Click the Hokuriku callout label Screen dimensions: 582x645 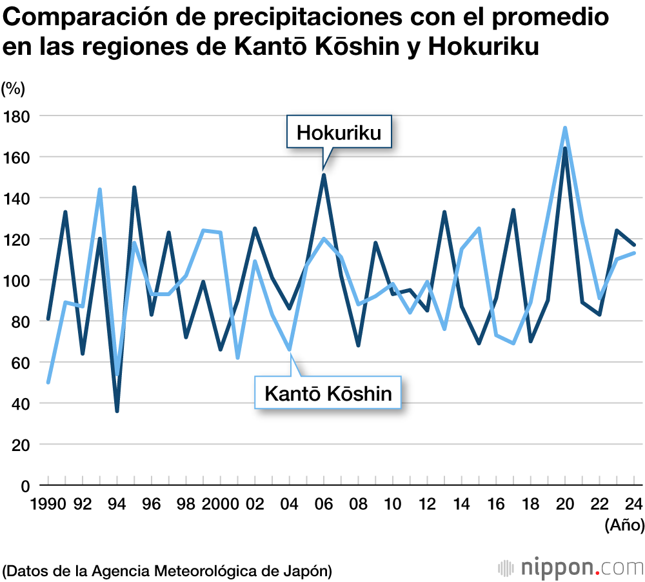coord(339,132)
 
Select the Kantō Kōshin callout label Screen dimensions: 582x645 coord(328,392)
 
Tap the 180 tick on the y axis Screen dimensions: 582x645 coord(19,115)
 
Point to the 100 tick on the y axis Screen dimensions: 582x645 coord(19,280)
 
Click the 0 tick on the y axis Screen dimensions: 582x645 coord(26,486)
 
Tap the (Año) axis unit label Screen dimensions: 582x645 coord(624,526)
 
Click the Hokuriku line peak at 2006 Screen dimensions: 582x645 coord(324,175)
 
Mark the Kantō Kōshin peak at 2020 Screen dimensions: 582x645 coord(565,128)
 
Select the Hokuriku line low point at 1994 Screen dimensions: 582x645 coord(117,411)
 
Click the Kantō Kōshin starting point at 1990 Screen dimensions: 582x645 coord(48,382)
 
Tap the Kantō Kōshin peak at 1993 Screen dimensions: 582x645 coord(100,190)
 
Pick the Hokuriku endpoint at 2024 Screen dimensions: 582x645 coord(634,245)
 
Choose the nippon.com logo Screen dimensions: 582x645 coord(570,568)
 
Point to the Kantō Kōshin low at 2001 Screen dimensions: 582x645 coord(237,357)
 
